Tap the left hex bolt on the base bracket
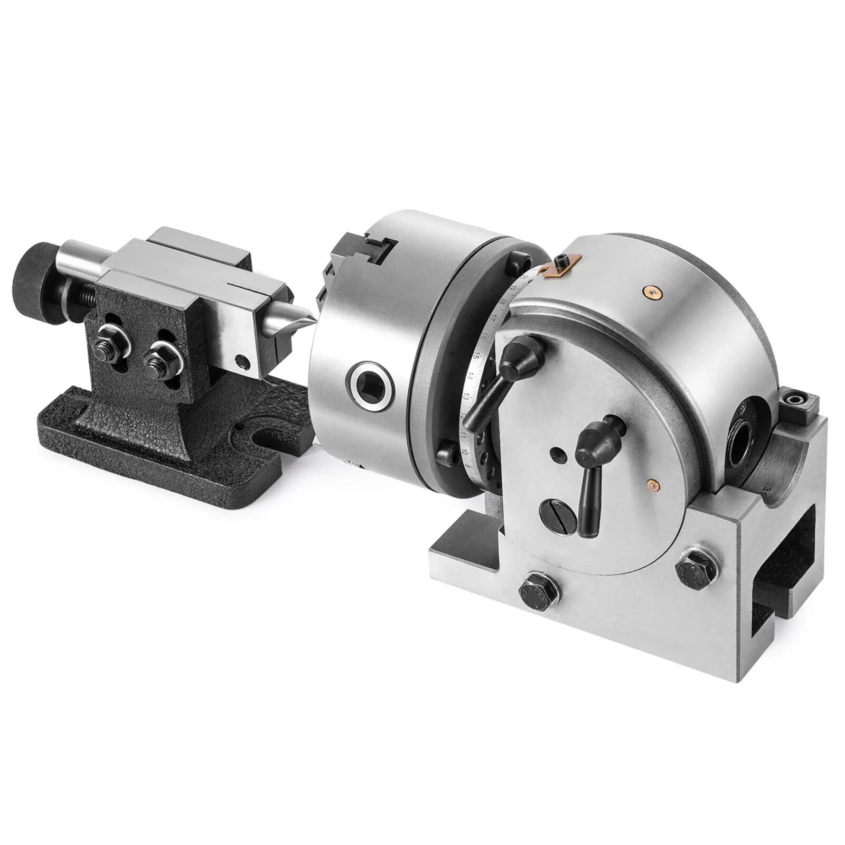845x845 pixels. click(x=533, y=591)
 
